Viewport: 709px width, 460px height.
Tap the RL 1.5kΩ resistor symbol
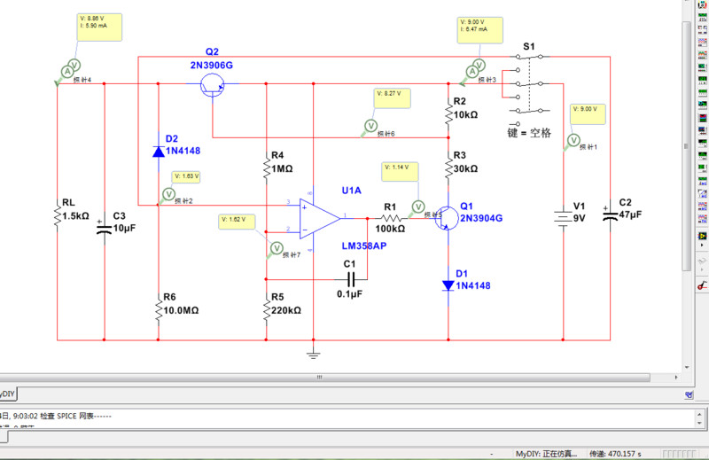pyautogui.click(x=58, y=213)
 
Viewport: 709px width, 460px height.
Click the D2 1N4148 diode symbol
pyautogui.click(x=158, y=152)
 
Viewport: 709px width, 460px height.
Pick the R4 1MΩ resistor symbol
pyautogui.click(x=266, y=167)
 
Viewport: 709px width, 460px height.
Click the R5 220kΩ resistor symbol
pyautogui.click(x=266, y=308)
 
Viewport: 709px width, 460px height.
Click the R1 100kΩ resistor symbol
pyautogui.click(x=390, y=217)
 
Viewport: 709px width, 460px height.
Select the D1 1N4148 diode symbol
pyautogui.click(x=449, y=285)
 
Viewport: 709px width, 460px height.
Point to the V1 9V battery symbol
pyautogui.click(x=563, y=218)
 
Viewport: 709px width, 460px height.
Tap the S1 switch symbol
pyautogui.click(x=530, y=84)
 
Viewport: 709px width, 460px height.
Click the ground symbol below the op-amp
pyautogui.click(x=312, y=355)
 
